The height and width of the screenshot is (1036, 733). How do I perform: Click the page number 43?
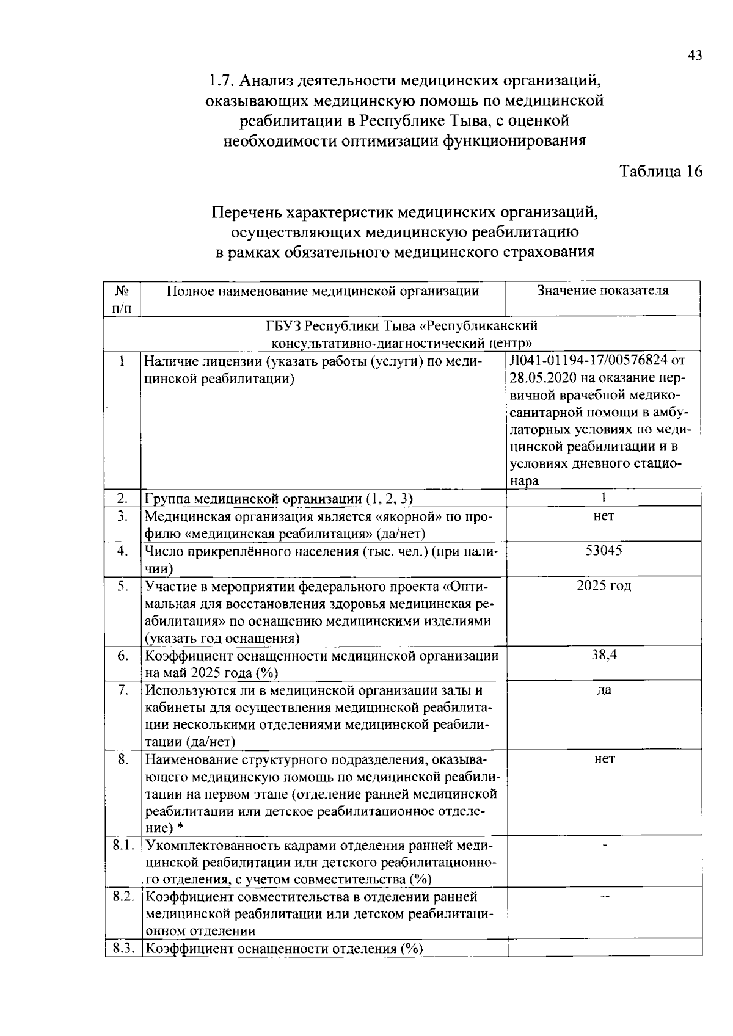(695, 56)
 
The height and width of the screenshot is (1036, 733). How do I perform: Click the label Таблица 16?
(661, 172)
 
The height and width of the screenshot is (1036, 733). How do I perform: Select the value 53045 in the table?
(604, 551)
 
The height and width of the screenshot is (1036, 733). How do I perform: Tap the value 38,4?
(604, 655)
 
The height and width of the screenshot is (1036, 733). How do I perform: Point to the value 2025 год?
(604, 586)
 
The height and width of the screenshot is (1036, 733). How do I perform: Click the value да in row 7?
(604, 690)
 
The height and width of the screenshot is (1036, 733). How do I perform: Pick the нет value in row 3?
(604, 516)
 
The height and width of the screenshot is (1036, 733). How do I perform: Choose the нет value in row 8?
(604, 759)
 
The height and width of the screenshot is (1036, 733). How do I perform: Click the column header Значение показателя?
(602, 291)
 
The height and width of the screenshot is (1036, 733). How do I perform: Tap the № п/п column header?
(122, 299)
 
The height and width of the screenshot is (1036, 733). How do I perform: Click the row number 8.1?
(123, 846)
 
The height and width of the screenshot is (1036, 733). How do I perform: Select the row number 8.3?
(123, 948)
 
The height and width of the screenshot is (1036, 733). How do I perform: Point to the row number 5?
(123, 586)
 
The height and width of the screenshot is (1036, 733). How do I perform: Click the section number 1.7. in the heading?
(221, 81)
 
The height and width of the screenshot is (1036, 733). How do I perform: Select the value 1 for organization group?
(603, 498)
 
